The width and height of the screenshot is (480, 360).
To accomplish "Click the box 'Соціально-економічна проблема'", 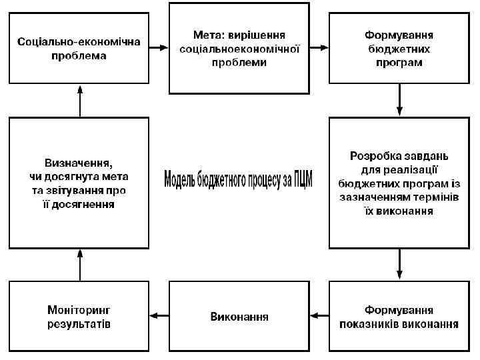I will (x=79, y=49).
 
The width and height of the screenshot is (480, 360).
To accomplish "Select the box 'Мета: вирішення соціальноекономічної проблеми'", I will (x=239, y=48).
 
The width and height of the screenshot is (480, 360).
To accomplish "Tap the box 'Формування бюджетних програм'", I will (x=399, y=49).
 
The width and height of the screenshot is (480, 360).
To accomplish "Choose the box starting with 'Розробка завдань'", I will (x=399, y=183).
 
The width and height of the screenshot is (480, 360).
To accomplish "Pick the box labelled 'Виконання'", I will (x=239, y=317).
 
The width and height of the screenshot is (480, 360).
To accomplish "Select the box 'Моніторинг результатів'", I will (x=79, y=317).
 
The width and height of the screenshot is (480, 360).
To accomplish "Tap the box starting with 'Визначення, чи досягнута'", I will (x=79, y=183).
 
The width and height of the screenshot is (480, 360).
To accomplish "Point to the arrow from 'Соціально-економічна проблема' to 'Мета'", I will (x=159, y=48).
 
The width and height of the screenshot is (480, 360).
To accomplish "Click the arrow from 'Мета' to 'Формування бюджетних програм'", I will (x=319, y=48).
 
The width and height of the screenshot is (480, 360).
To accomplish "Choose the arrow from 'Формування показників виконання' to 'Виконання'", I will (x=319, y=317).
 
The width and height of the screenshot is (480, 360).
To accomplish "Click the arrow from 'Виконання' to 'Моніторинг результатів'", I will (x=159, y=317).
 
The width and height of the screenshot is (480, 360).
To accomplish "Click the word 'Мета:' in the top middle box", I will (x=207, y=34).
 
